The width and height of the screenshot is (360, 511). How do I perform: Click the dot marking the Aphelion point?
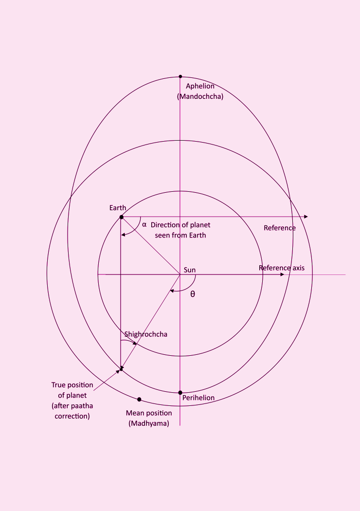180,76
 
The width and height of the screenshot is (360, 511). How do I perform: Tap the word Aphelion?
200,86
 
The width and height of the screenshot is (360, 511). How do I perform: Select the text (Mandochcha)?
200,96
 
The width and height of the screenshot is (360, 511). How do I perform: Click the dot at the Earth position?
121,217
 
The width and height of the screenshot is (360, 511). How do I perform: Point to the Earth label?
118,208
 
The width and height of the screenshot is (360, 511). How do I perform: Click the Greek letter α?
144,225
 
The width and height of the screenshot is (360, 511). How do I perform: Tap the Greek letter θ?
193,294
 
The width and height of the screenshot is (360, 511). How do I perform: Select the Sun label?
190,270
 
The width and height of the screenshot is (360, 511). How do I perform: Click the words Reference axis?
282,268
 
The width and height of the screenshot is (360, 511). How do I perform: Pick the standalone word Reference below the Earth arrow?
279,228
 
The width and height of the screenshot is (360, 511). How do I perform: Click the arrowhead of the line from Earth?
306,217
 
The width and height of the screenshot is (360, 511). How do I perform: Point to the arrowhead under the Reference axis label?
282,275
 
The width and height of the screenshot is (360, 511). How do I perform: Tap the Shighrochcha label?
146,334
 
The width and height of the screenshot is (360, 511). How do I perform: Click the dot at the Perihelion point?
180,392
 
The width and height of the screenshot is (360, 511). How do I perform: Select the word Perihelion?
198,398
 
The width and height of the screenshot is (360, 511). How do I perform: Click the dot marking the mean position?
139,399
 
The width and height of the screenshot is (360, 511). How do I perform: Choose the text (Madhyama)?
149,423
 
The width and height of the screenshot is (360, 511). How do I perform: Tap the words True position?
72,385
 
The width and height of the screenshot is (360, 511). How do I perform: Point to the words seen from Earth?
180,235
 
